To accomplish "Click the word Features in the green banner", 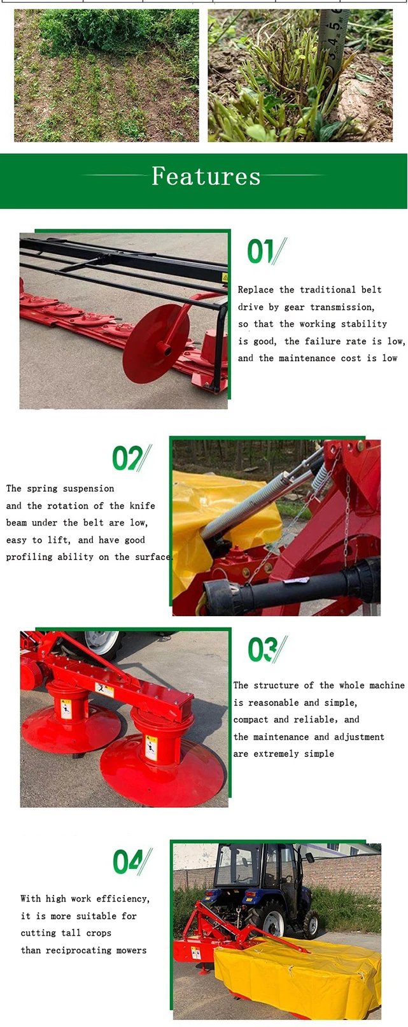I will click(x=206, y=176).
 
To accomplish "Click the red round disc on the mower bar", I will click(x=156, y=343).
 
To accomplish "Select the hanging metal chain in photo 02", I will click(x=346, y=516).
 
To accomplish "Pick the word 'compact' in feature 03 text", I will click(x=251, y=719).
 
